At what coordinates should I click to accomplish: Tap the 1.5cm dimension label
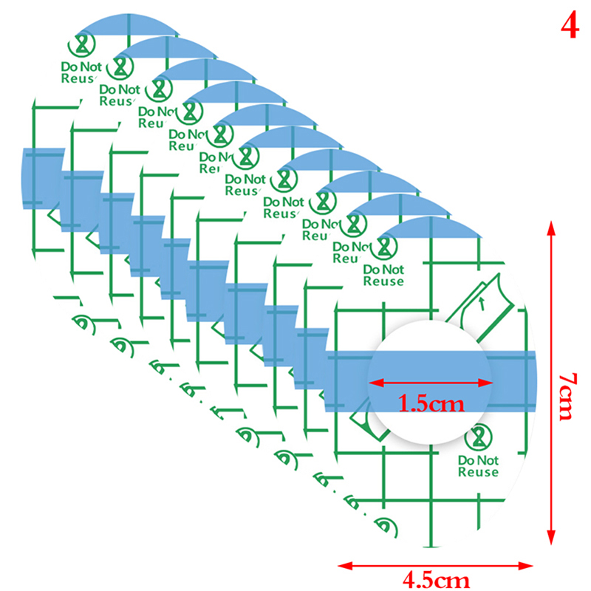(x=430, y=404)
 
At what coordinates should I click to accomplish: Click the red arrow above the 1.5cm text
(x=431, y=382)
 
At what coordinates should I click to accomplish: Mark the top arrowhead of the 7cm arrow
(x=550, y=225)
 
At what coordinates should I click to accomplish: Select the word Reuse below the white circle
(x=478, y=472)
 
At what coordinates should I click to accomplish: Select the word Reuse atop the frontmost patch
(x=383, y=281)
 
